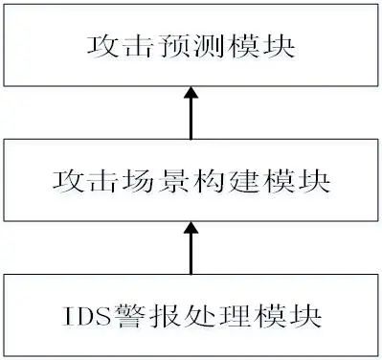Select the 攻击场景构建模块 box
[x=191, y=180]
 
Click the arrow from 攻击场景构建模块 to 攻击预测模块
[x=191, y=113]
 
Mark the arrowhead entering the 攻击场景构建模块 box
[x=191, y=230]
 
